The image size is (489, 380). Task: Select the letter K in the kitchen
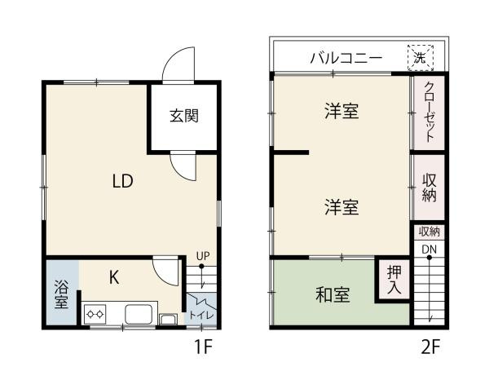click(114, 277)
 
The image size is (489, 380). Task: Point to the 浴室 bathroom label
click(61, 294)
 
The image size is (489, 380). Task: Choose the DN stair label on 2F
click(430, 249)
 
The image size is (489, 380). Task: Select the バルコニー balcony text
click(346, 59)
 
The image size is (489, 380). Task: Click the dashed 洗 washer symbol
click(420, 57)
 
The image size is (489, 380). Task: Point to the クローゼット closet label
click(430, 114)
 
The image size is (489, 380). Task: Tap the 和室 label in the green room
click(333, 295)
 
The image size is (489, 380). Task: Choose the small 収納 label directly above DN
click(430, 232)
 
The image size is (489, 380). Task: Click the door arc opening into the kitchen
click(167, 272)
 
